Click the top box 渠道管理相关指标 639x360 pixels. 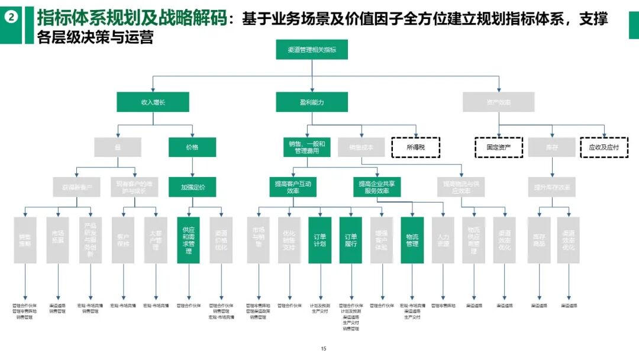pyautogui.click(x=312, y=50)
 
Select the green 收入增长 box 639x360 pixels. pyautogui.click(x=153, y=102)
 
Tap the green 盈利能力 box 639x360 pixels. pyautogui.click(x=312, y=102)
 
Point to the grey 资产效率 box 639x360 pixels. pyautogui.click(x=499, y=102)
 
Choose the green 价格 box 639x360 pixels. pyautogui.click(x=192, y=147)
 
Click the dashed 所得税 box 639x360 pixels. pyautogui.click(x=415, y=147)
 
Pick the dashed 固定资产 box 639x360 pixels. pyautogui.click(x=499, y=147)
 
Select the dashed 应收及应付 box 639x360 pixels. pyautogui.click(x=603, y=147)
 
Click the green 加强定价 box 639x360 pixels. pyautogui.click(x=193, y=187)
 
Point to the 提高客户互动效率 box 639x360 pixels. pyautogui.click(x=292, y=187)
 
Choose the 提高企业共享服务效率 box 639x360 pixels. pyautogui.click(x=377, y=187)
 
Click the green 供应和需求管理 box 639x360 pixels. pyautogui.click(x=188, y=240)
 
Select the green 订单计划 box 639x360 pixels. pyautogui.click(x=319, y=240)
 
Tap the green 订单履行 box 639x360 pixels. pyautogui.click(x=350, y=240)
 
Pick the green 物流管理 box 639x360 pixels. pyautogui.click(x=412, y=240)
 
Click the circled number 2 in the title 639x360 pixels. pyautogui.click(x=11, y=18)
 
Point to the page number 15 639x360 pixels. pyautogui.click(x=323, y=349)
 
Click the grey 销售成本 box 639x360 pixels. pyautogui.click(x=362, y=147)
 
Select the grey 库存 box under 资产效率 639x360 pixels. pyautogui.click(x=551, y=147)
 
